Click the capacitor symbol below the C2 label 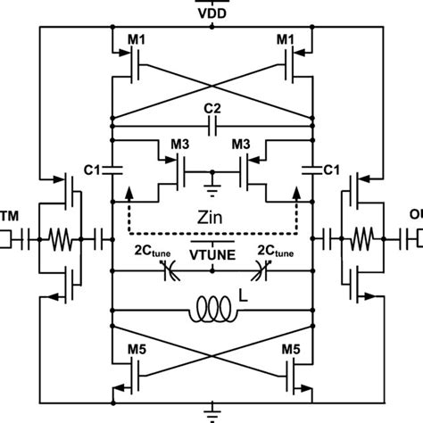(211, 128)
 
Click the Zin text (211, 217)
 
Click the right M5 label (293, 349)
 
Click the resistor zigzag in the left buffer (57, 238)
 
